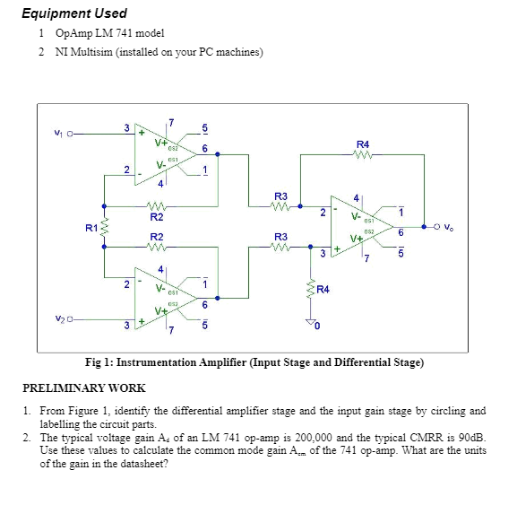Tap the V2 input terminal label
click(x=57, y=318)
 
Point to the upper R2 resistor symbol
click(x=156, y=205)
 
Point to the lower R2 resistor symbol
click(x=156, y=248)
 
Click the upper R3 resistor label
click(x=280, y=195)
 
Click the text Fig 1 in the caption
click(x=98, y=362)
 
